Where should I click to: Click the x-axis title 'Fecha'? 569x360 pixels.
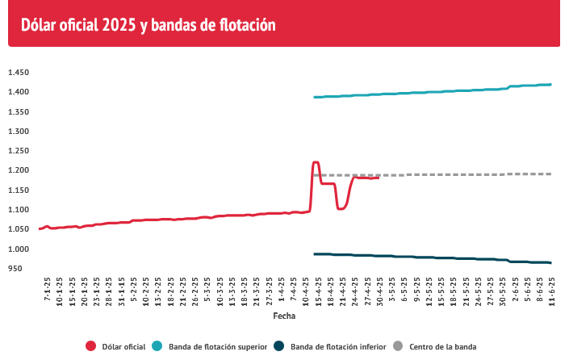coord(284,316)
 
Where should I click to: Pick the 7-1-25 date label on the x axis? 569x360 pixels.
coord(47,293)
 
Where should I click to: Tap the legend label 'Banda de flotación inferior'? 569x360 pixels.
coord(337,346)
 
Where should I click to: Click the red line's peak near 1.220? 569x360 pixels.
coord(315,162)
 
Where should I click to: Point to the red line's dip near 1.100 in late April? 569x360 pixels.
coord(341,208)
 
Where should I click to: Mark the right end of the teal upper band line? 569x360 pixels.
coord(550,84)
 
